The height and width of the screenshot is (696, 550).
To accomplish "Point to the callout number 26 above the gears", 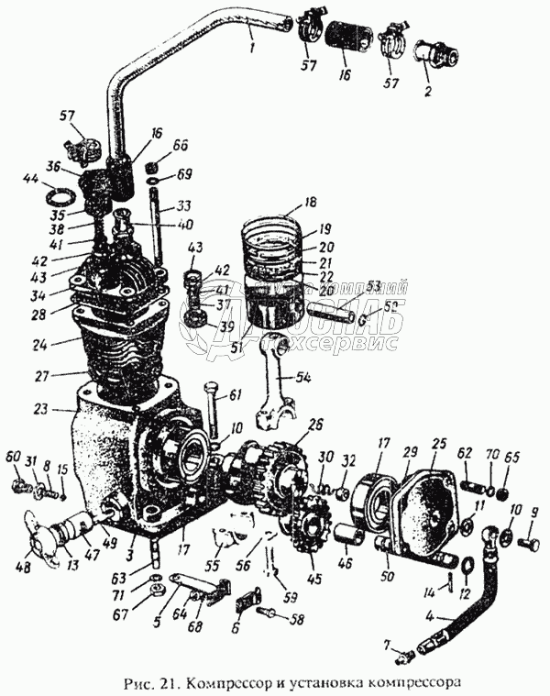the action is tap(315, 424).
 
